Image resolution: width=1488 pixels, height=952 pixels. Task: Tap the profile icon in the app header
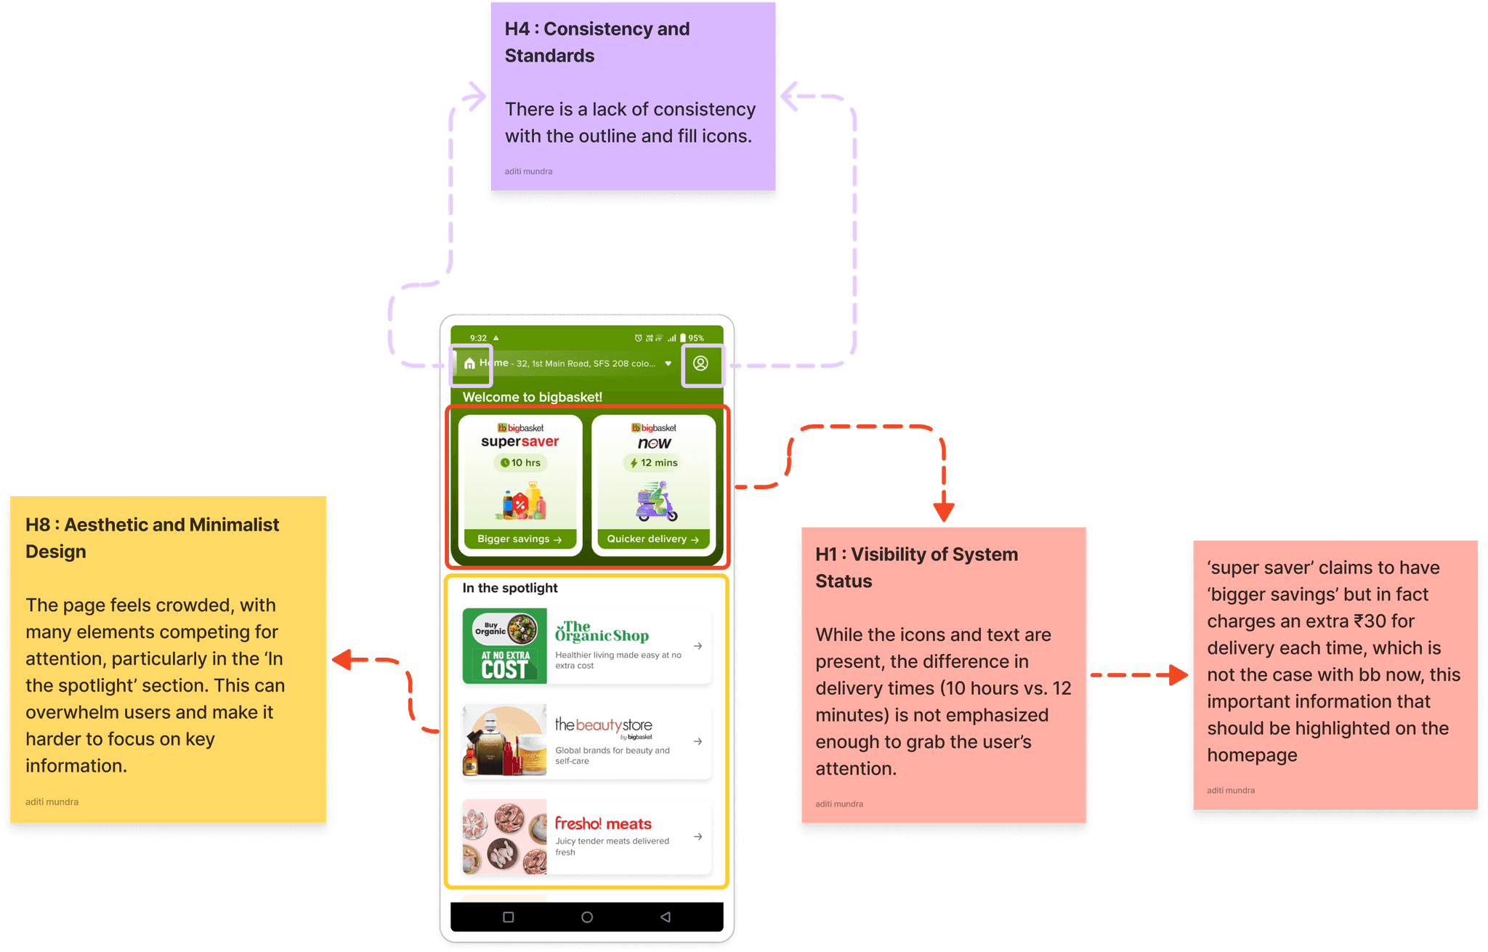(700, 363)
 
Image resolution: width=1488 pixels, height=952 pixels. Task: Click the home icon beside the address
(469, 363)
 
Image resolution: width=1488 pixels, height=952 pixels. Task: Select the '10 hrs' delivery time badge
(521, 463)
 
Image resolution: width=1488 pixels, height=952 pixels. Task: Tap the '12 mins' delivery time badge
(653, 463)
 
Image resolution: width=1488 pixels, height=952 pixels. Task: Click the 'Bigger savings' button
(519, 539)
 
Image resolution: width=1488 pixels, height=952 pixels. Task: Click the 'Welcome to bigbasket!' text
(532, 397)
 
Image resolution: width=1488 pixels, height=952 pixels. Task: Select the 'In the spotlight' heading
(509, 588)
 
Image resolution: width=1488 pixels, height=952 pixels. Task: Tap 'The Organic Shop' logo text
(602, 632)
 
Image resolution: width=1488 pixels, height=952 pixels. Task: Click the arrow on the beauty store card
(697, 741)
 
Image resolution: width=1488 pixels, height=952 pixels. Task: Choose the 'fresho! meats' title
(603, 823)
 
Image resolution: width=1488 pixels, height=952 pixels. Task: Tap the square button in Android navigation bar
(509, 917)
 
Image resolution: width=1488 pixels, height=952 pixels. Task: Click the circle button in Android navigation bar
(587, 917)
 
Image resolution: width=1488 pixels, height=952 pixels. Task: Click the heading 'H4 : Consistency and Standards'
(597, 42)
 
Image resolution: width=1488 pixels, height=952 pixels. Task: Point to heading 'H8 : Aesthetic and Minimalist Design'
(152, 538)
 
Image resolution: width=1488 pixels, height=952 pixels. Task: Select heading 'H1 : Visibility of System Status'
(916, 567)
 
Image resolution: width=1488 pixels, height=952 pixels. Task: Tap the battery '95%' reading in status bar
(696, 338)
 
